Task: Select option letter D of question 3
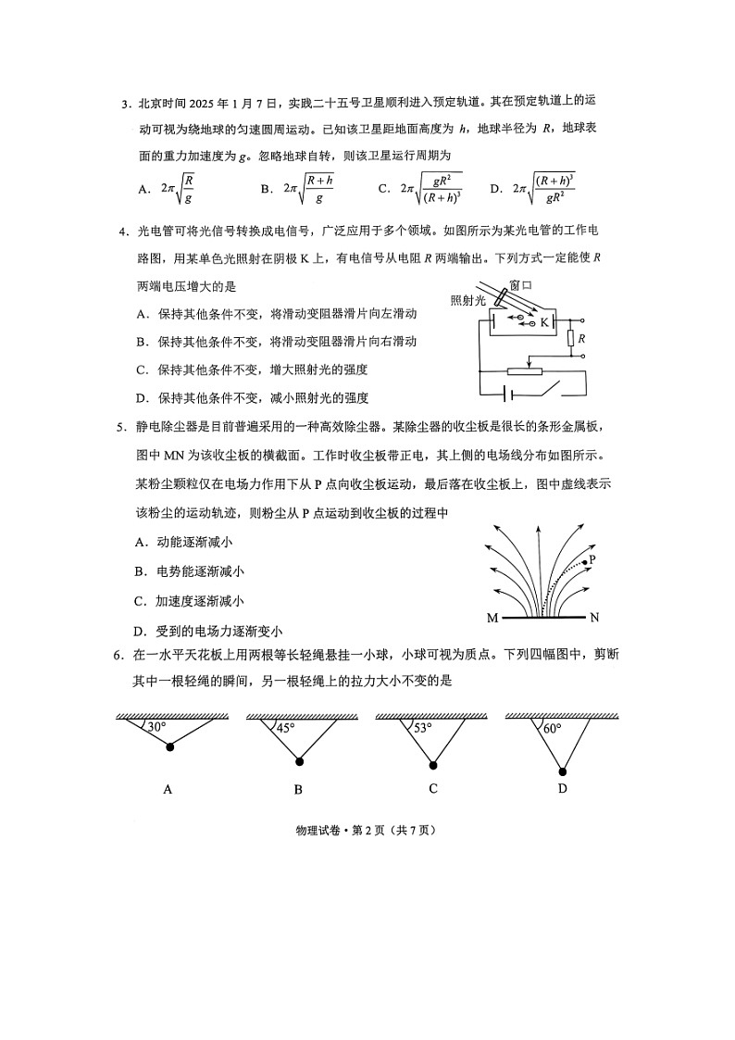coord(495,189)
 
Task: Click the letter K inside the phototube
coord(545,322)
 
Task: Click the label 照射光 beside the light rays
coord(467,301)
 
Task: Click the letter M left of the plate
coord(491,618)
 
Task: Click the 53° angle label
coord(422,728)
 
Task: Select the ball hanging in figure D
coord(562,771)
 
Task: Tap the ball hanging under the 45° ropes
coord(299,762)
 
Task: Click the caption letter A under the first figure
coord(168,790)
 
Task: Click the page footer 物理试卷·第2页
coord(367,830)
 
